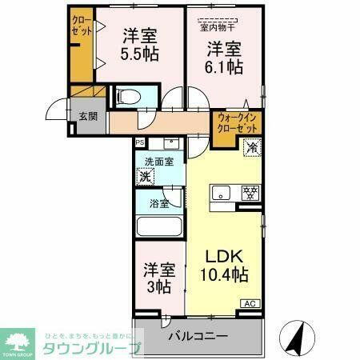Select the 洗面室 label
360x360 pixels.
[x=158, y=162]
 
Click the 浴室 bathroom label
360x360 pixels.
[x=158, y=203]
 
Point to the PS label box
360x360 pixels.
[x=140, y=142]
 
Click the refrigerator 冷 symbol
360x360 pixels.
[x=252, y=147]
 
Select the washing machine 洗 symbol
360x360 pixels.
[x=145, y=178]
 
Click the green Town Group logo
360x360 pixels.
[x=21, y=341]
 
